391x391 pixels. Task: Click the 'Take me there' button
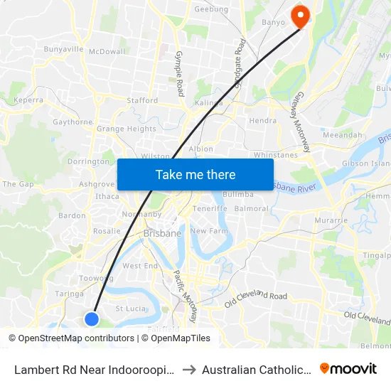[195, 174]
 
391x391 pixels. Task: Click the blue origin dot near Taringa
[92, 319]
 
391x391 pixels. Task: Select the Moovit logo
[348, 368]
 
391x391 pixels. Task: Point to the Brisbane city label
[162, 233]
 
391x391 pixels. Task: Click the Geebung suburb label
[211, 9]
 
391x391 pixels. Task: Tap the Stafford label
[142, 101]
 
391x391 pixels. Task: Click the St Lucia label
[130, 309]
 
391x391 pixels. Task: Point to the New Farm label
[208, 231]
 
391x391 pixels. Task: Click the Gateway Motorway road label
[303, 122]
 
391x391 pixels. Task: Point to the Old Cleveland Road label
[255, 295]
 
